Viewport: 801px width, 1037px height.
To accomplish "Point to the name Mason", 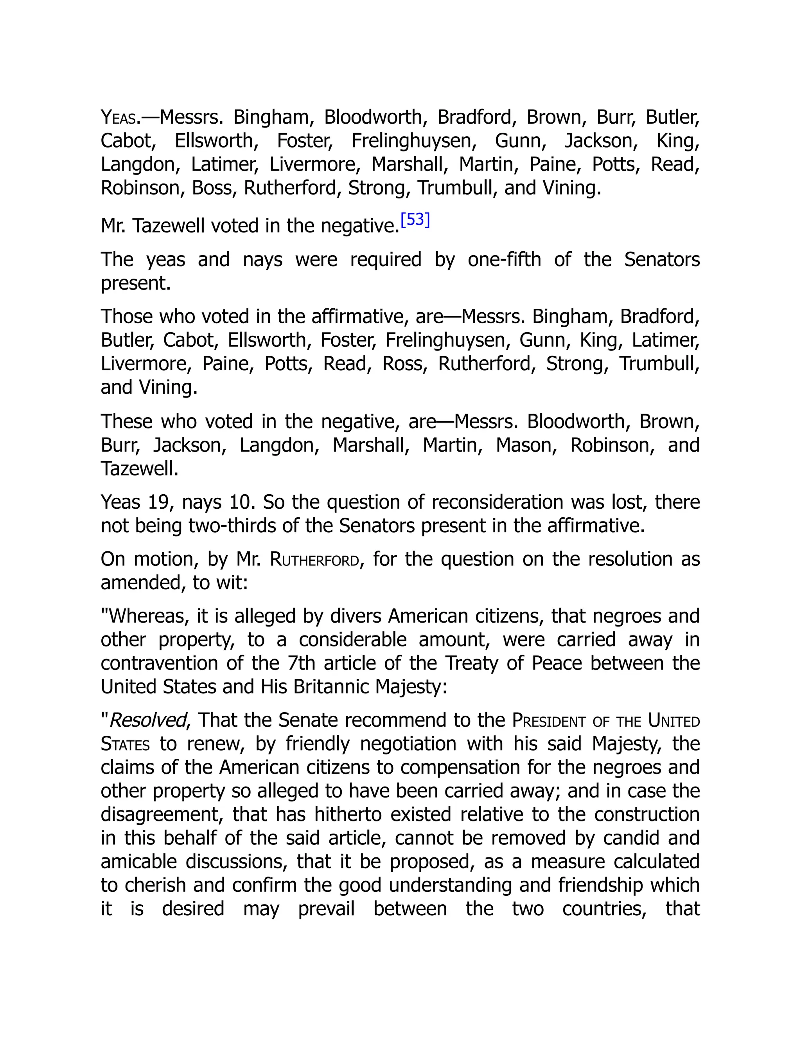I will tap(526, 445).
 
